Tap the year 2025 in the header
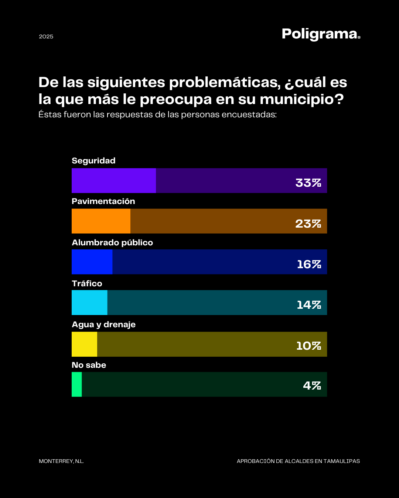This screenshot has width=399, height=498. pyautogui.click(x=46, y=37)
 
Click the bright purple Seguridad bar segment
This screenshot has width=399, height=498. pyautogui.click(x=114, y=181)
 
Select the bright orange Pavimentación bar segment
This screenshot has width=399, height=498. pyautogui.click(x=101, y=221)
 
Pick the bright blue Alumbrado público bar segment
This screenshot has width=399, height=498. pyautogui.click(x=92, y=262)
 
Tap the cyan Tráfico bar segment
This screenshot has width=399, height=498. pyautogui.click(x=89, y=302)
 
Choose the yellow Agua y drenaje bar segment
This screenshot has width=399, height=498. pyautogui.click(x=84, y=344)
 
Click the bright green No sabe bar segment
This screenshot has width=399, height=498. pyautogui.click(x=76, y=384)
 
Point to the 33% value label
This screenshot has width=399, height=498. pyautogui.click(x=308, y=183)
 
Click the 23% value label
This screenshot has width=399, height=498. pyautogui.click(x=308, y=224)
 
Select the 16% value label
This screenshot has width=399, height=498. pyautogui.click(x=309, y=264)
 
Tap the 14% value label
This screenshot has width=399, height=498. pyautogui.click(x=309, y=305)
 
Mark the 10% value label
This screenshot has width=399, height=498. pyautogui.click(x=308, y=346)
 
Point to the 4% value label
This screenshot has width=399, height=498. pyautogui.click(x=312, y=385)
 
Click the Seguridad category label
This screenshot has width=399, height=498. pyautogui.click(x=93, y=161)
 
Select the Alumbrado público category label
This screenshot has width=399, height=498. pyautogui.click(x=112, y=243)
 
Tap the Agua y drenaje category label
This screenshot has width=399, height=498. pyautogui.click(x=103, y=325)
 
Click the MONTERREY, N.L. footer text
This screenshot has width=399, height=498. pyautogui.click(x=61, y=461)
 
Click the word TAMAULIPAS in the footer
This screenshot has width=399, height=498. pyautogui.click(x=341, y=461)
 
